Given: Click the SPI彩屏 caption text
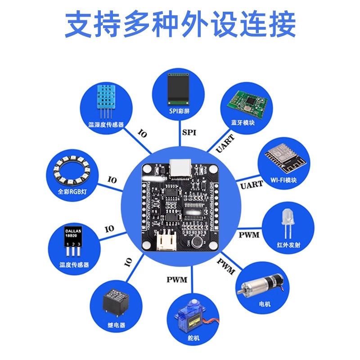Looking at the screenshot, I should point(178,111).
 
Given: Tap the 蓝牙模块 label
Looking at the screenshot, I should point(243,122).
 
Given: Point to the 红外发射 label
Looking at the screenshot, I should point(288,245).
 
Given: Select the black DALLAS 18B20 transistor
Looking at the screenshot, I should point(72,238).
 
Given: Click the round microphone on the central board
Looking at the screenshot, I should point(197,243).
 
